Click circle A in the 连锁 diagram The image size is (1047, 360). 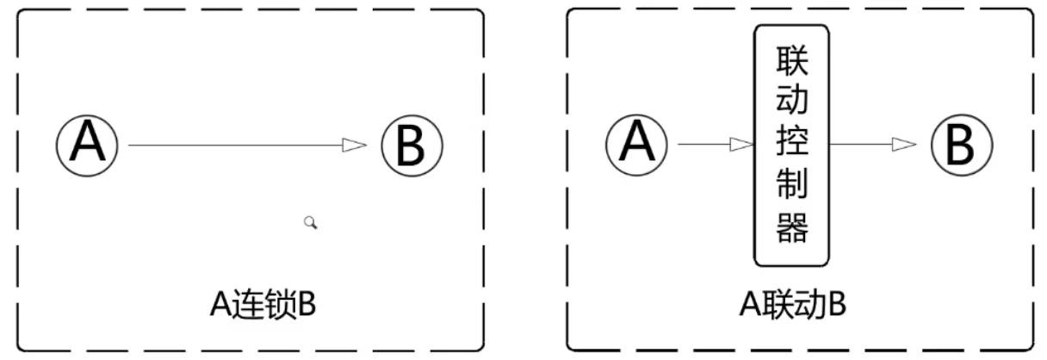[87, 145]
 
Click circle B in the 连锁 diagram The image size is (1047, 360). [411, 145]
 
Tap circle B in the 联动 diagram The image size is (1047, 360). [962, 144]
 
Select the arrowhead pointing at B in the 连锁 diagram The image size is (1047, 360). [354, 146]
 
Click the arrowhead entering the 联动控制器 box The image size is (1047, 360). [741, 145]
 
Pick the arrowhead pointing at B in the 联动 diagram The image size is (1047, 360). [904, 145]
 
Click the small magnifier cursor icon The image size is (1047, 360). [311, 223]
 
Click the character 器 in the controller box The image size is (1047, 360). [792, 228]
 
